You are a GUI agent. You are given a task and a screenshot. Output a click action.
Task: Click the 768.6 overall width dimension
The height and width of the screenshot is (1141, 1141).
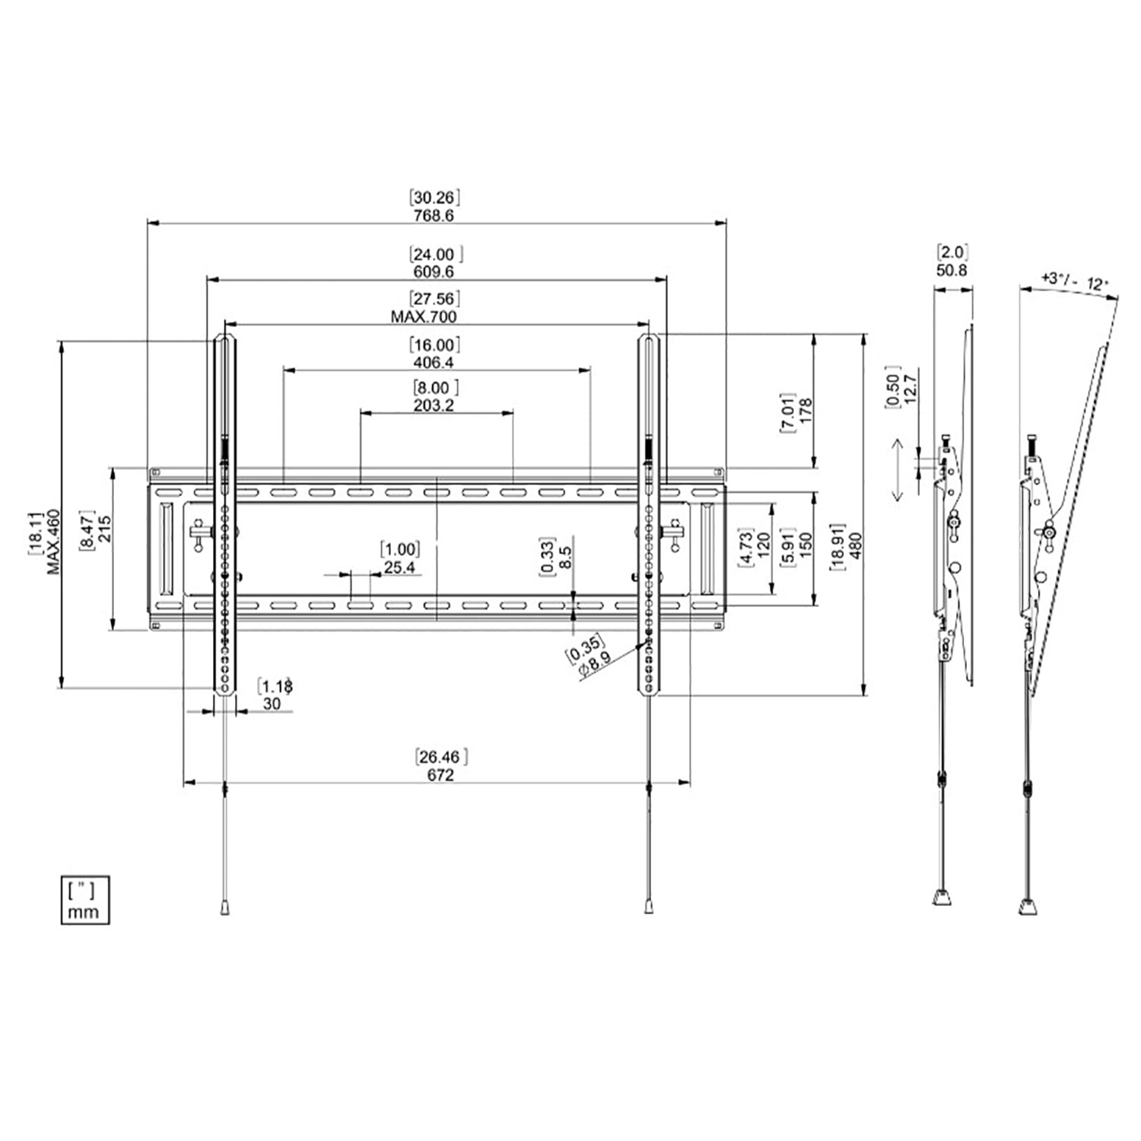[434, 215]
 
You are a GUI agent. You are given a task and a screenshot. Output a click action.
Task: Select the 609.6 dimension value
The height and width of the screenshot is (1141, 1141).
[434, 272]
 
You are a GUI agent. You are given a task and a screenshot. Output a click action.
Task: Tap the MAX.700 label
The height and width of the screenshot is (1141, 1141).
[424, 316]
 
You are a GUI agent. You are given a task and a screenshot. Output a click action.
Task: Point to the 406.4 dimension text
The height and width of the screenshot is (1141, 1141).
[434, 362]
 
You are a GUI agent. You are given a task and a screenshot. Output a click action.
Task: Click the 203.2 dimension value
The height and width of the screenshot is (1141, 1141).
[434, 405]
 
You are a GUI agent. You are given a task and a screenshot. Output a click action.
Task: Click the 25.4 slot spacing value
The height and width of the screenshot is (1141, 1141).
[399, 567]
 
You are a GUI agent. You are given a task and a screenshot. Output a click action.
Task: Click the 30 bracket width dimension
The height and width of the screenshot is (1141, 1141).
[272, 704]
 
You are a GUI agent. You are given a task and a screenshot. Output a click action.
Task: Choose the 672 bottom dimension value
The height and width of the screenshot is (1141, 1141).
[440, 775]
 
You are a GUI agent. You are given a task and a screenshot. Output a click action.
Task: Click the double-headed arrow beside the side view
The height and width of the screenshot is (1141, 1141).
[897, 471]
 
